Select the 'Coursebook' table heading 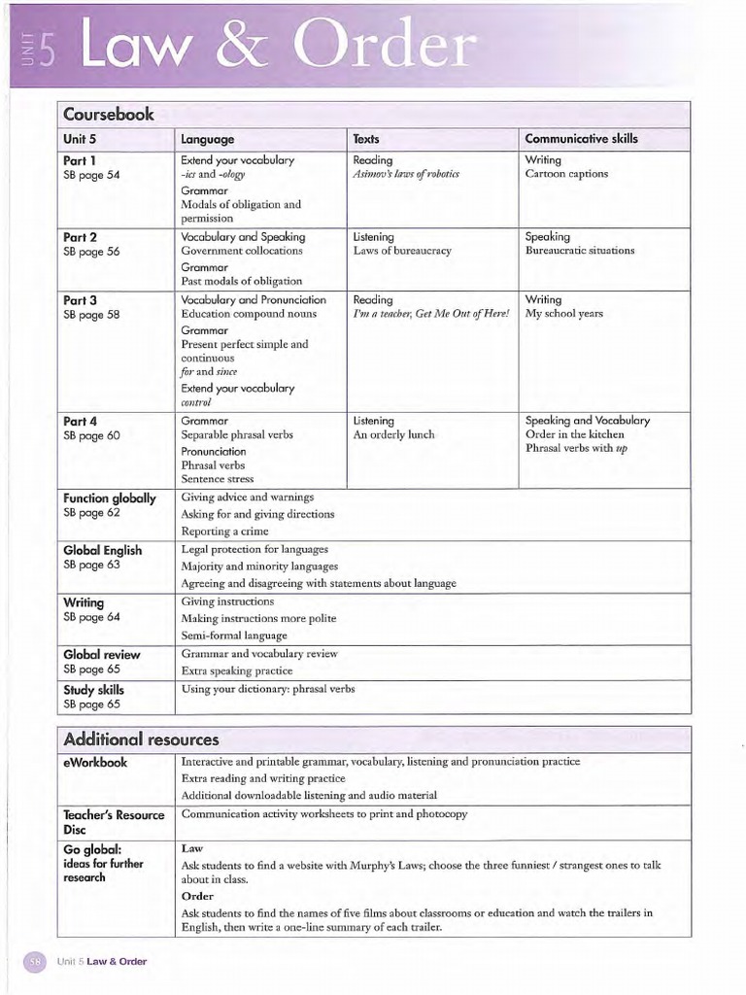(x=109, y=115)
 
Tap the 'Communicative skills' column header (x=581, y=139)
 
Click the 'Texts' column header (x=366, y=139)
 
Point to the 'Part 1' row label (x=80, y=160)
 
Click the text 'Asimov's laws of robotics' (x=406, y=174)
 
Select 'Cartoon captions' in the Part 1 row (x=566, y=174)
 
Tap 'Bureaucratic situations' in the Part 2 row (x=579, y=251)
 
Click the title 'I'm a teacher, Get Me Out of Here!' (x=430, y=315)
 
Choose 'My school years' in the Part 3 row (x=563, y=315)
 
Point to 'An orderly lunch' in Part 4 (x=393, y=435)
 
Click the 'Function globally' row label (x=109, y=497)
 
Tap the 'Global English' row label (x=102, y=550)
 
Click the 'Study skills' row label (x=93, y=690)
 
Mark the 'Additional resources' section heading (x=141, y=739)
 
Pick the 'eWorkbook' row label (x=95, y=763)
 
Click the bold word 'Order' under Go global (x=197, y=896)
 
